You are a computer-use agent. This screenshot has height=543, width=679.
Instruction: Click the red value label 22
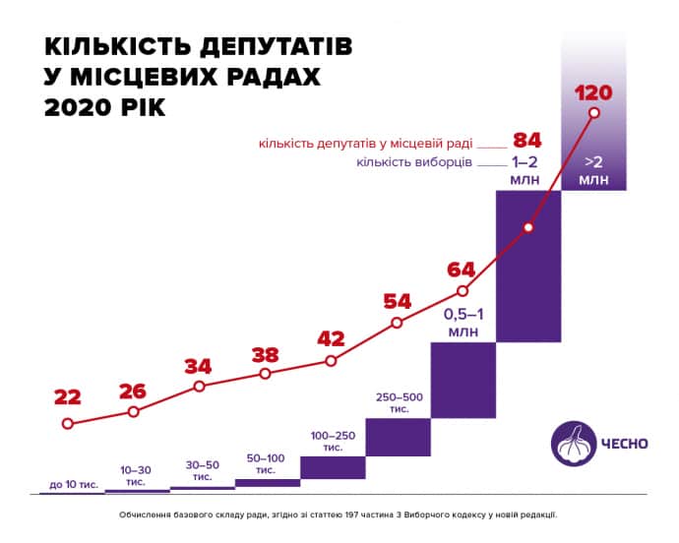click(x=67, y=397)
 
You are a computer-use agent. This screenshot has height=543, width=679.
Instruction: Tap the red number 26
click(x=132, y=391)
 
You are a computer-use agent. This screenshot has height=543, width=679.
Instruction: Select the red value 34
click(x=199, y=366)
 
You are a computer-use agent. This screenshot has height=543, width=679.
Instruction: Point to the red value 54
click(x=397, y=300)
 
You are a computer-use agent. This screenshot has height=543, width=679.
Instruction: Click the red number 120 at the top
click(x=592, y=93)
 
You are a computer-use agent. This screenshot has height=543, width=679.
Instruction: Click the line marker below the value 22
click(x=67, y=424)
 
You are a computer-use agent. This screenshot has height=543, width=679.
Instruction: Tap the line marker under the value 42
click(x=331, y=361)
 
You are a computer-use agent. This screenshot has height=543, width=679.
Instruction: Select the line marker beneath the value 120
click(x=593, y=113)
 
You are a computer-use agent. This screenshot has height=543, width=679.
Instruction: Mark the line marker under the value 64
click(x=463, y=291)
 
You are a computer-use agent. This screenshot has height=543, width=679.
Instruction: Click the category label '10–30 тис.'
click(x=136, y=475)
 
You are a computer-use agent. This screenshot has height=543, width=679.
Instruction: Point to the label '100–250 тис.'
click(x=333, y=440)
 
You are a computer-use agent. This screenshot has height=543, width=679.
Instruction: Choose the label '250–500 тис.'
click(x=399, y=402)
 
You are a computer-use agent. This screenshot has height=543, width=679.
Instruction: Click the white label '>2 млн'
click(x=593, y=169)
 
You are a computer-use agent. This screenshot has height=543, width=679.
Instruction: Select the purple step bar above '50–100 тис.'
click(x=267, y=482)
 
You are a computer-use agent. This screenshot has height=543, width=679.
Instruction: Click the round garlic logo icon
click(x=571, y=442)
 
